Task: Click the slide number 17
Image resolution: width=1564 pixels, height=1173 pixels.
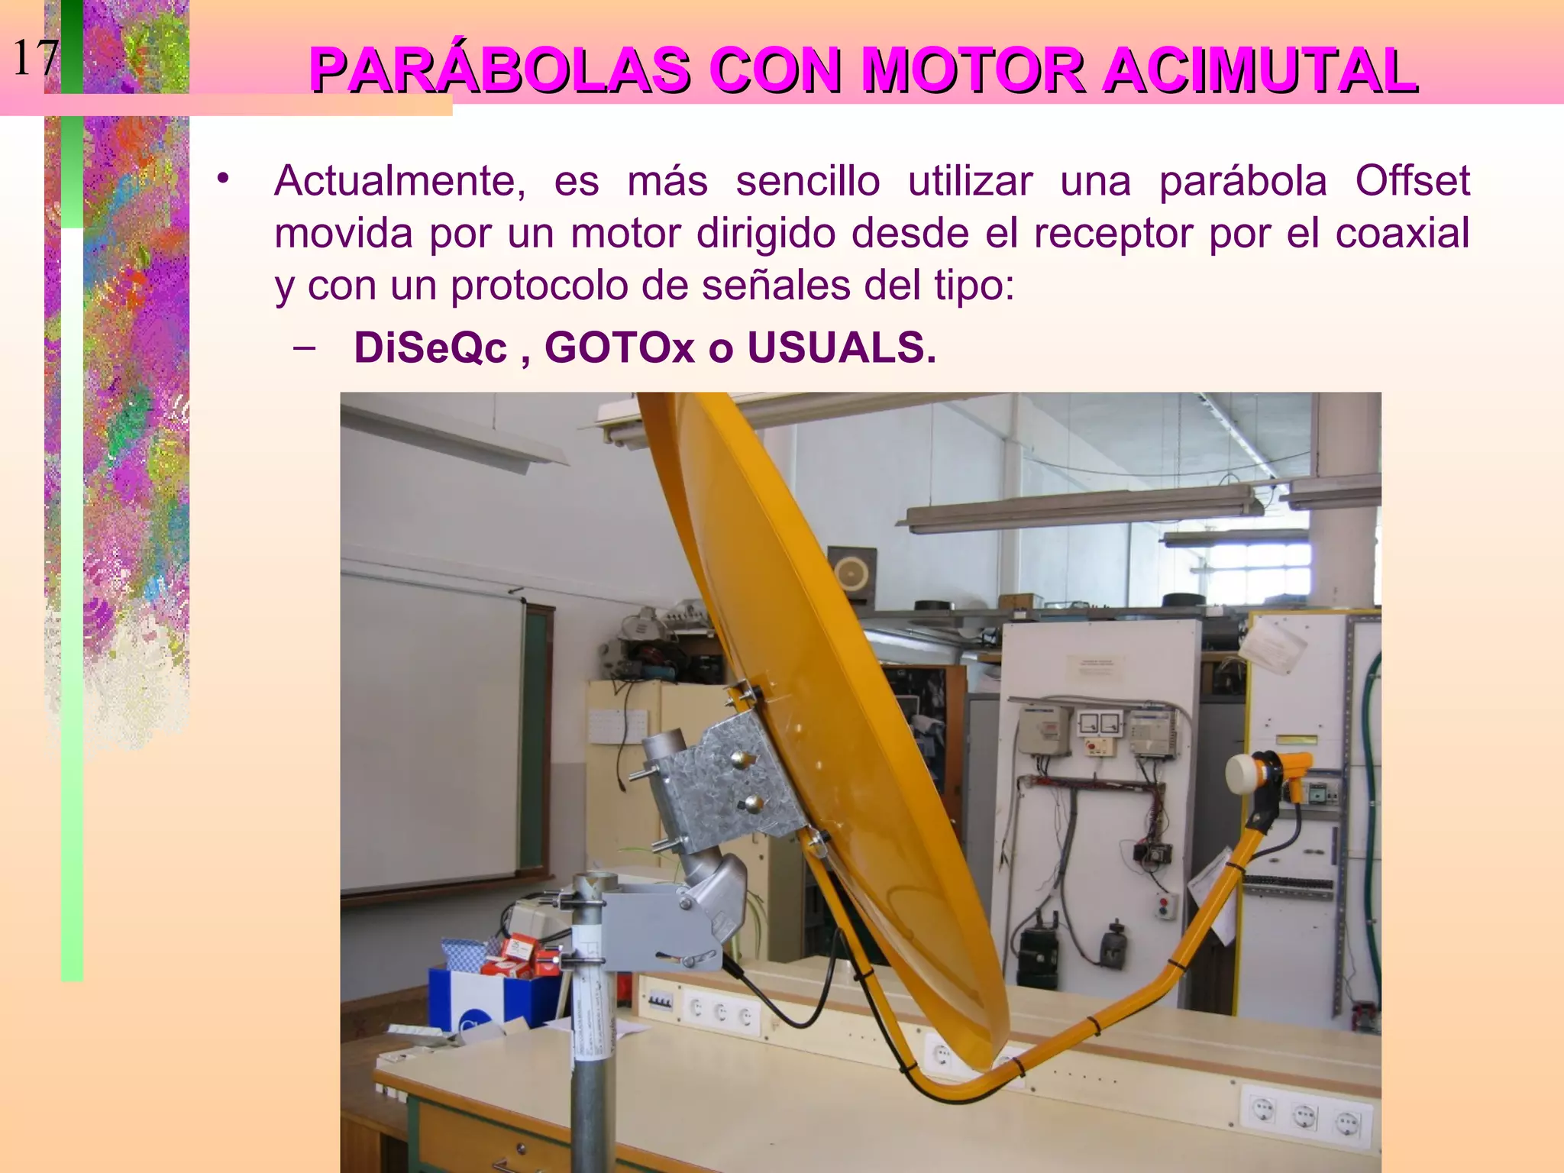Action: click(x=35, y=58)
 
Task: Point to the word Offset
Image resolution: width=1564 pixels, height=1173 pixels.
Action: click(x=1412, y=182)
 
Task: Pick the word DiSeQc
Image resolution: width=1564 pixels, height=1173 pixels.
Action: click(x=431, y=347)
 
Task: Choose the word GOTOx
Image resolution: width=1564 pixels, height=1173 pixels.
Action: click(x=619, y=347)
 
